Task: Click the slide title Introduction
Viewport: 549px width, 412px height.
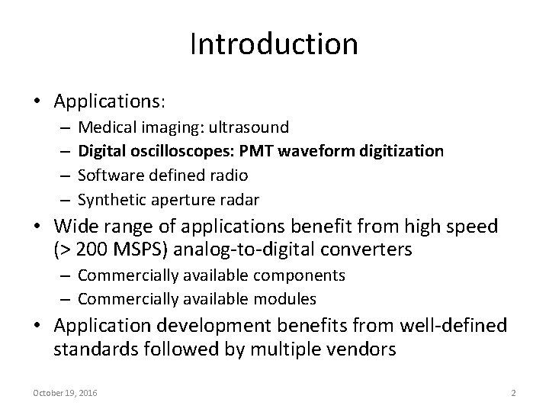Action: coord(274,43)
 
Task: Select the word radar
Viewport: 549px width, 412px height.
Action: coord(239,200)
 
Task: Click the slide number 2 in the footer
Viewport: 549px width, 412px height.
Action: coord(513,393)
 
